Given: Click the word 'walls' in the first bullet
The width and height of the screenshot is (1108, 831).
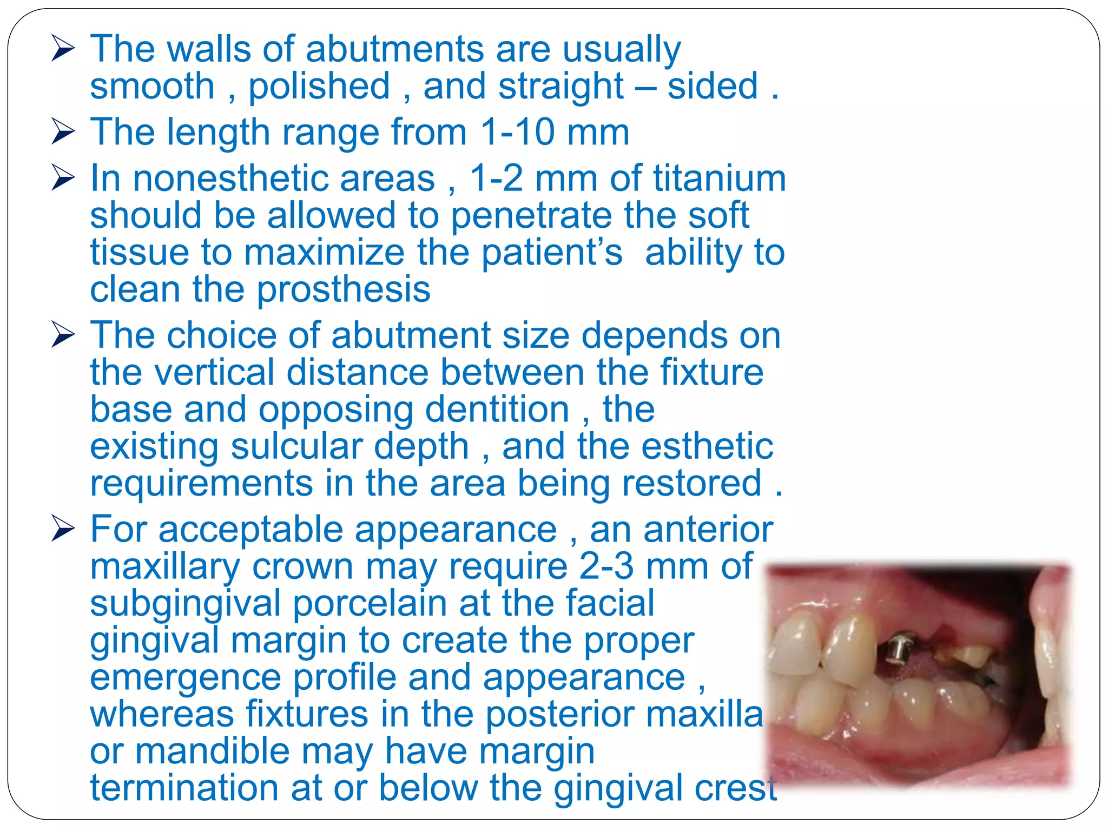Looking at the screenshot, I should [208, 49].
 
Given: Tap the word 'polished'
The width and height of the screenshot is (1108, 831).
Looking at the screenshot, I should [319, 87].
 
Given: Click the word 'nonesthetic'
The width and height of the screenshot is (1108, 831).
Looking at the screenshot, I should [283, 179].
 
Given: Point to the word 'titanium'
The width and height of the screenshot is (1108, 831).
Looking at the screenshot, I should [719, 179].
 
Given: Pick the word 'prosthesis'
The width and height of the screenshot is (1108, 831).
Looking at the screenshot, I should [343, 290].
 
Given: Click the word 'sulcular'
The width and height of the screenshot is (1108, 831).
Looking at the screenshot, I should [349, 447].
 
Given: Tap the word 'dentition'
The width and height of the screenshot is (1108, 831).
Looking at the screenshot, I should [497, 410].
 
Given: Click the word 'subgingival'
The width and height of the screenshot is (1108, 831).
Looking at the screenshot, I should [185, 604].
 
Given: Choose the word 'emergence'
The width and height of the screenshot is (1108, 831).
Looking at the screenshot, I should [185, 678].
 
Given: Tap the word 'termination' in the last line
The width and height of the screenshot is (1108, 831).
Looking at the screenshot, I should [184, 788].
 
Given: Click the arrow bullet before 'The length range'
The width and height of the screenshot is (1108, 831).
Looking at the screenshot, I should [63, 133].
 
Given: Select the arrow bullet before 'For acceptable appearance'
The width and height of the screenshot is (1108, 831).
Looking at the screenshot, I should [63, 529].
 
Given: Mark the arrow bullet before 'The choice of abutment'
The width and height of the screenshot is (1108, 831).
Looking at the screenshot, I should [63, 335].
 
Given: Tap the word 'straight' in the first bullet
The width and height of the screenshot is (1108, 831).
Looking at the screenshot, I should [561, 87].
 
